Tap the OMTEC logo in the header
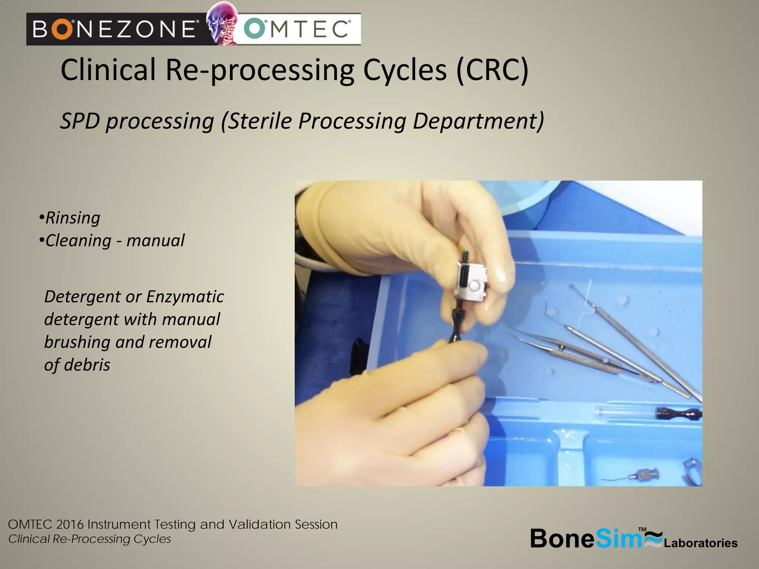point(299,29)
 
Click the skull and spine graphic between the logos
point(222,23)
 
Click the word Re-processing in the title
point(259,70)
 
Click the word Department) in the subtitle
point(478,121)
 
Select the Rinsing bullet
point(72,218)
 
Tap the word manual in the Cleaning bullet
point(155,241)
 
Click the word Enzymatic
point(185,297)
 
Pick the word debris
point(87,365)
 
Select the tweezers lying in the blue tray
point(571,352)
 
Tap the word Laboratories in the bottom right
point(700,543)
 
